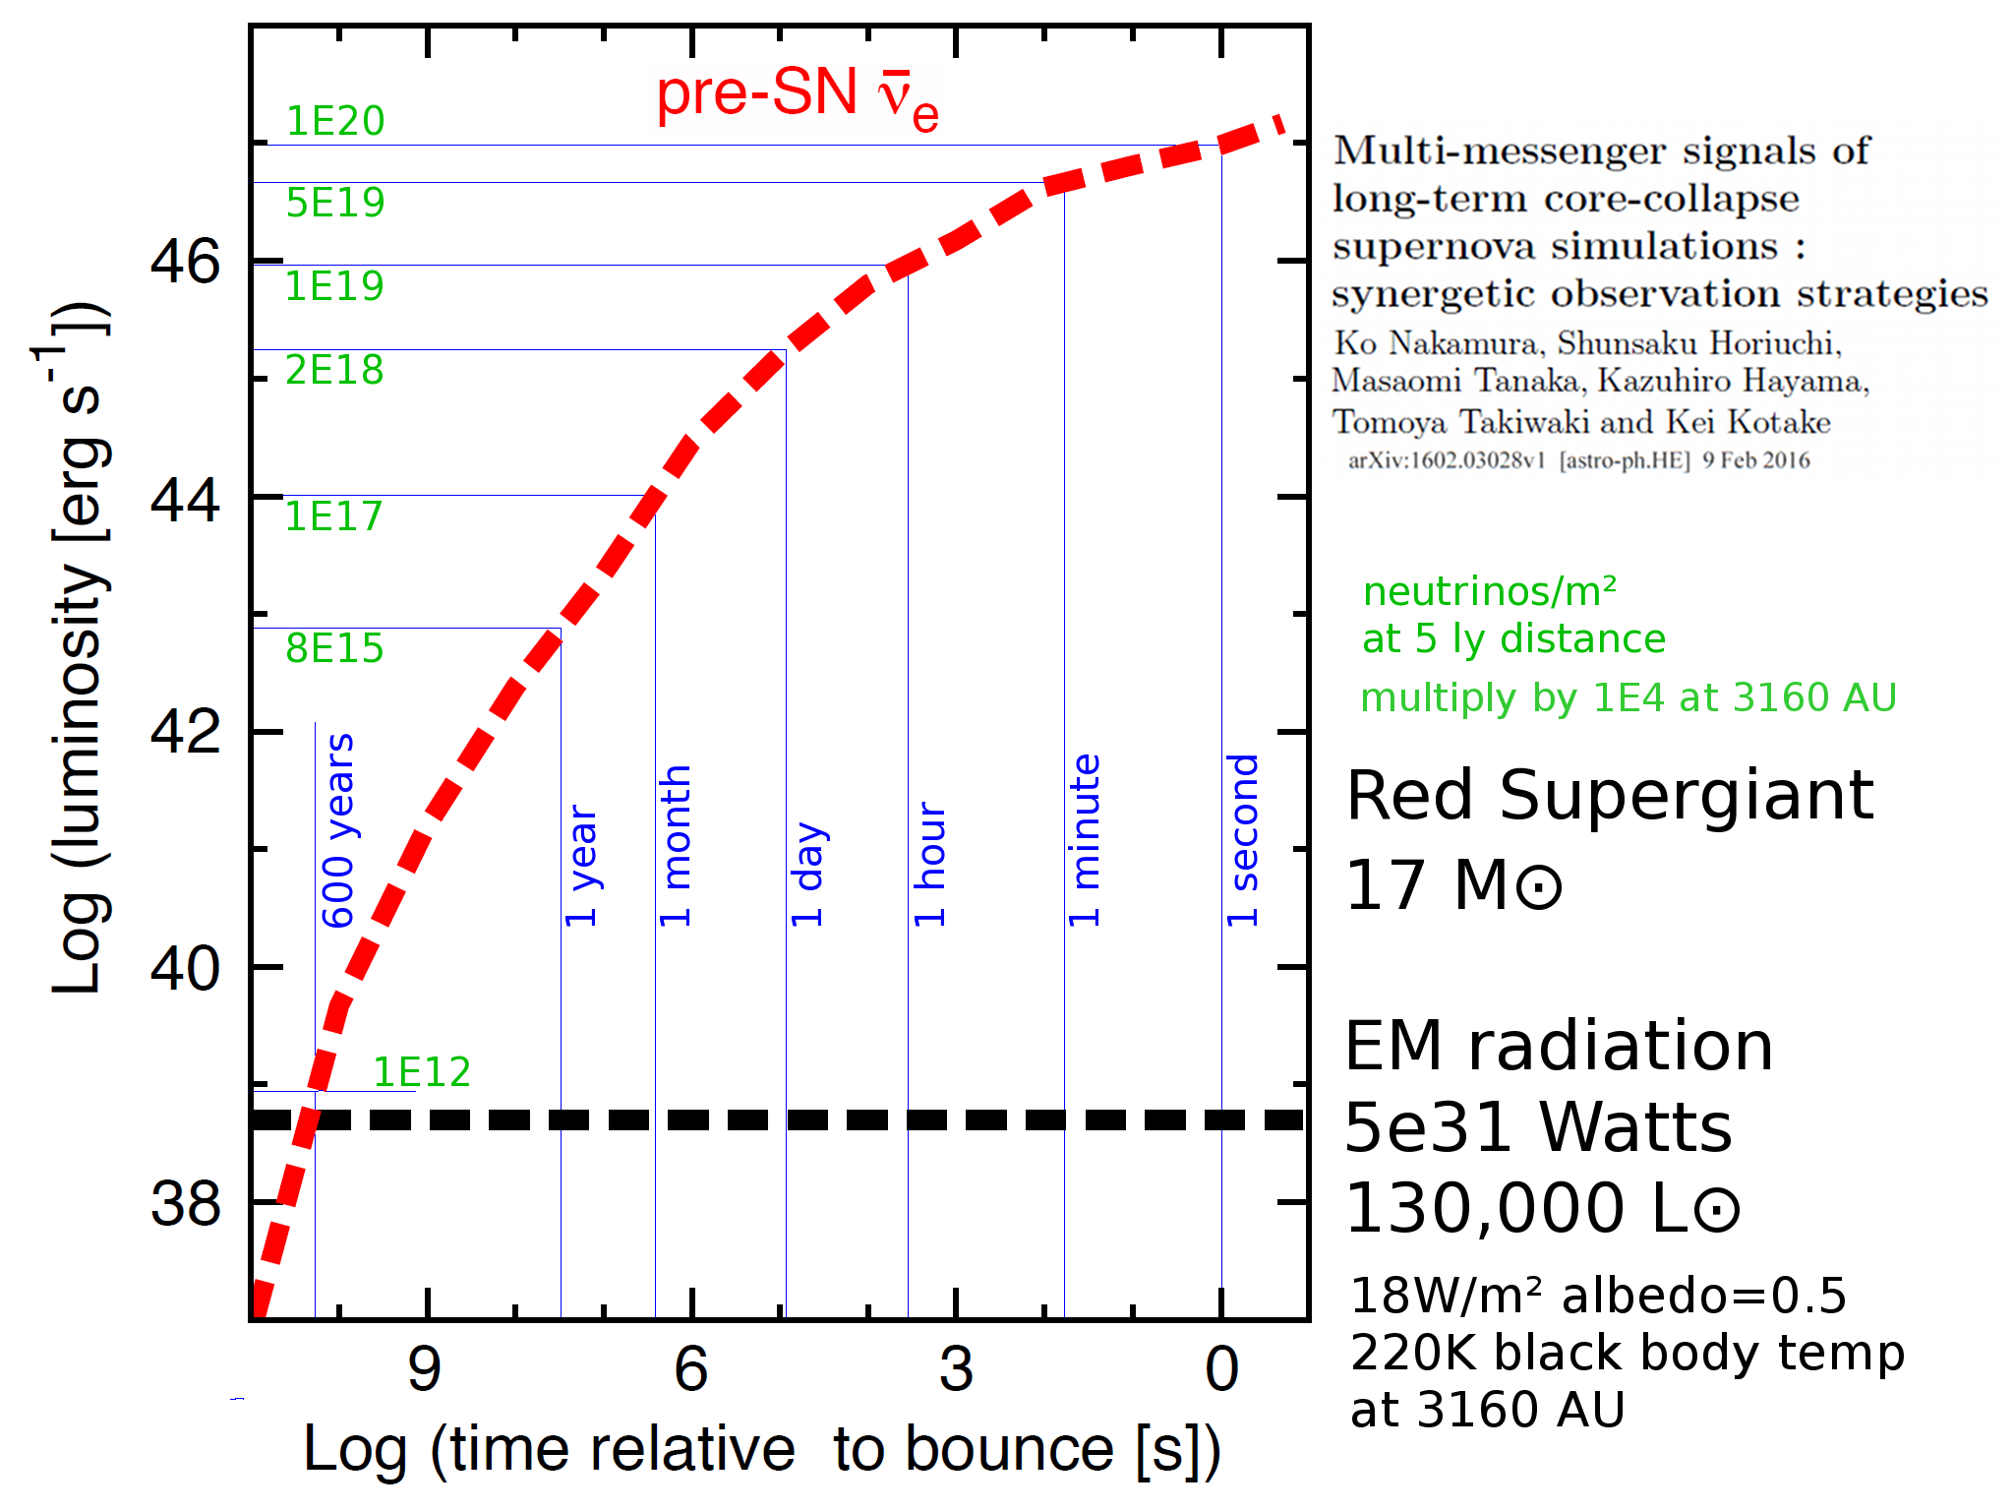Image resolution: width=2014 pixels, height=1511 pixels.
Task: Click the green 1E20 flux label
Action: (x=334, y=121)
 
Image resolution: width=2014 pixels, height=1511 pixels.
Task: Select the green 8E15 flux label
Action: (x=334, y=649)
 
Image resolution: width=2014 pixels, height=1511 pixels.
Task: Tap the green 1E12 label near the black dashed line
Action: (x=422, y=1071)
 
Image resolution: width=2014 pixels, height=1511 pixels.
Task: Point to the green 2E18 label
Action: (x=334, y=370)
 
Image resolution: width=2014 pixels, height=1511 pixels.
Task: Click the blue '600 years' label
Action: (x=338, y=830)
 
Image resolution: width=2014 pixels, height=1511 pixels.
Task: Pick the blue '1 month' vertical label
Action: (x=676, y=846)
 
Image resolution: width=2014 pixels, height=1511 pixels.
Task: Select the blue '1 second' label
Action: (x=1243, y=840)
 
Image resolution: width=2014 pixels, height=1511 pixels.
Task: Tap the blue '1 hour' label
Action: (x=930, y=864)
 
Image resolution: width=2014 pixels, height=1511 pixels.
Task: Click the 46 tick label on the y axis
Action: (x=185, y=263)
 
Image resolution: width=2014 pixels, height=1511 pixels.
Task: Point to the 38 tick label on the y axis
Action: (x=185, y=1203)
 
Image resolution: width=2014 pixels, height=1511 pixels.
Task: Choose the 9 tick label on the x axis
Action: (x=425, y=1368)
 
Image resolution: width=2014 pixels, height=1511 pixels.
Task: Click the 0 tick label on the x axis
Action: (x=1221, y=1368)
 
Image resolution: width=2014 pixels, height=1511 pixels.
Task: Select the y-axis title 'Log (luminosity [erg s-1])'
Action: (x=81, y=649)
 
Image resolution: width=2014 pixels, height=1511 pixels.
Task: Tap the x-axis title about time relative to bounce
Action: (x=761, y=1449)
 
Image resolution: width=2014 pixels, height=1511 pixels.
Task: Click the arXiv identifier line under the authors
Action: (x=1578, y=460)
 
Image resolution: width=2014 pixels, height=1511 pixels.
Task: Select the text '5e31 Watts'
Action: (x=1538, y=1127)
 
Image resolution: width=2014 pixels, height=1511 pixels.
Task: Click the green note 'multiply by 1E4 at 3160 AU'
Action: (x=1628, y=697)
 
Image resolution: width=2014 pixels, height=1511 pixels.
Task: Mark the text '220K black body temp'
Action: (x=1628, y=1353)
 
